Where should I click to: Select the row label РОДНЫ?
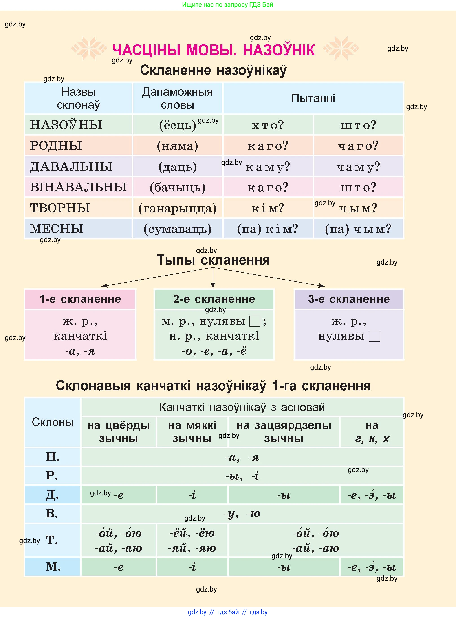tap(56, 146)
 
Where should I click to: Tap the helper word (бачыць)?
tap(178, 188)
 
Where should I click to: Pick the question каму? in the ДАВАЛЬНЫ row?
tap(268, 167)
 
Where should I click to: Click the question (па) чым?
tap(358, 229)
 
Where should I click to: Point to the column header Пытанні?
tap(313, 98)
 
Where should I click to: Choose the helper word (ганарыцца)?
tap(178, 208)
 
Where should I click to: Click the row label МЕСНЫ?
tap(57, 229)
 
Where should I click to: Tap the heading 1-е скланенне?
tap(80, 299)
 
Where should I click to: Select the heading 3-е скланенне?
tap(349, 299)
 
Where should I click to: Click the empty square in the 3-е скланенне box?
tap(374, 336)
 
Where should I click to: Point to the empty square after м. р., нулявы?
tap(255, 321)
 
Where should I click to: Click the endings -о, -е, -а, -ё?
tap(214, 351)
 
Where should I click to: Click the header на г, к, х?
tap(372, 432)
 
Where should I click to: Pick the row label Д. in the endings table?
tap(53, 495)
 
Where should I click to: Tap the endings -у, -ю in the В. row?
tap(242, 514)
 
